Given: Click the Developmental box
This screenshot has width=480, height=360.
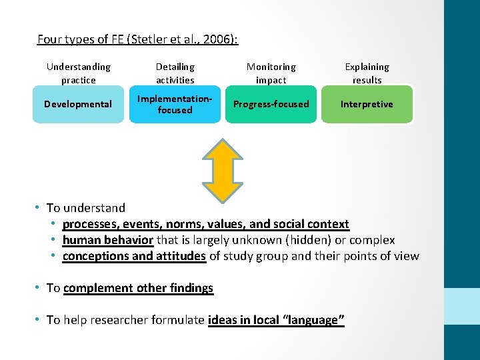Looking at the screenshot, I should pos(78,104).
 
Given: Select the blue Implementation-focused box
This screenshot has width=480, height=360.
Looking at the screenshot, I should pos(175,104).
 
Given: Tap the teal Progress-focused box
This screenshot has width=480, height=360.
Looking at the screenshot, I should pos(271,104).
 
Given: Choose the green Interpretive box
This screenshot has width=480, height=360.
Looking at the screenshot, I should pos(367,104).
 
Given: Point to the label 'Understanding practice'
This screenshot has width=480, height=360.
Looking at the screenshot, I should pos(78,73).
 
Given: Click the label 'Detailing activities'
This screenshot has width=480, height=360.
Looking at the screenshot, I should pos(175,73).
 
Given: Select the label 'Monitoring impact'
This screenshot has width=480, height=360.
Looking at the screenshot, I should pos(271,73).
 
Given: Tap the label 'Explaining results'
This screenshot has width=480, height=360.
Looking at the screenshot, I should pos(367,73).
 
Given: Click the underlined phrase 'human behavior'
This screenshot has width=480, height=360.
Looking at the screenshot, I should pos(108,240).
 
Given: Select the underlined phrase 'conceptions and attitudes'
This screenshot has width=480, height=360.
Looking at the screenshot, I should pos(134,256).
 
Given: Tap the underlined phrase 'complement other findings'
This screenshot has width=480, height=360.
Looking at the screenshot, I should pos(138,288).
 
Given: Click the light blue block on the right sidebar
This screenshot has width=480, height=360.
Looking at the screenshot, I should pos(462,306).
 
